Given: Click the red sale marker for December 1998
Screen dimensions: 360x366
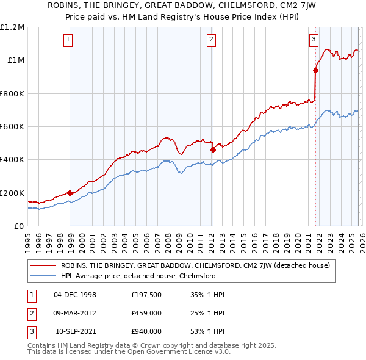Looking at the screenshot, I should [x=70, y=193].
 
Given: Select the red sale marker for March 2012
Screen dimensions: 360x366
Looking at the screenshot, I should [x=213, y=149].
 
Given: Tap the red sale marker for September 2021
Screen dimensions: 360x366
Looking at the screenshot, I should [x=315, y=70].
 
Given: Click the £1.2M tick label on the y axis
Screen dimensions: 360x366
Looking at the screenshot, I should [x=12, y=27].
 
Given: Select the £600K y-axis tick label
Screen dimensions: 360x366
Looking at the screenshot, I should [x=12, y=127].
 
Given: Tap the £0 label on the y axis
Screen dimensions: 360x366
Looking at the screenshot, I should [x=18, y=226].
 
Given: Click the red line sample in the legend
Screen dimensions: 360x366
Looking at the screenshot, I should [x=43, y=265].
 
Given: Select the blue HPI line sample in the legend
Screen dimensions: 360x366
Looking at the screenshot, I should [x=43, y=276].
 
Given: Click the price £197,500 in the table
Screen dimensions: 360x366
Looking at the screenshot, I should [x=146, y=295].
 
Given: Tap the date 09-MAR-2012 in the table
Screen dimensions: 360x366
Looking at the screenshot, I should [x=75, y=313].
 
